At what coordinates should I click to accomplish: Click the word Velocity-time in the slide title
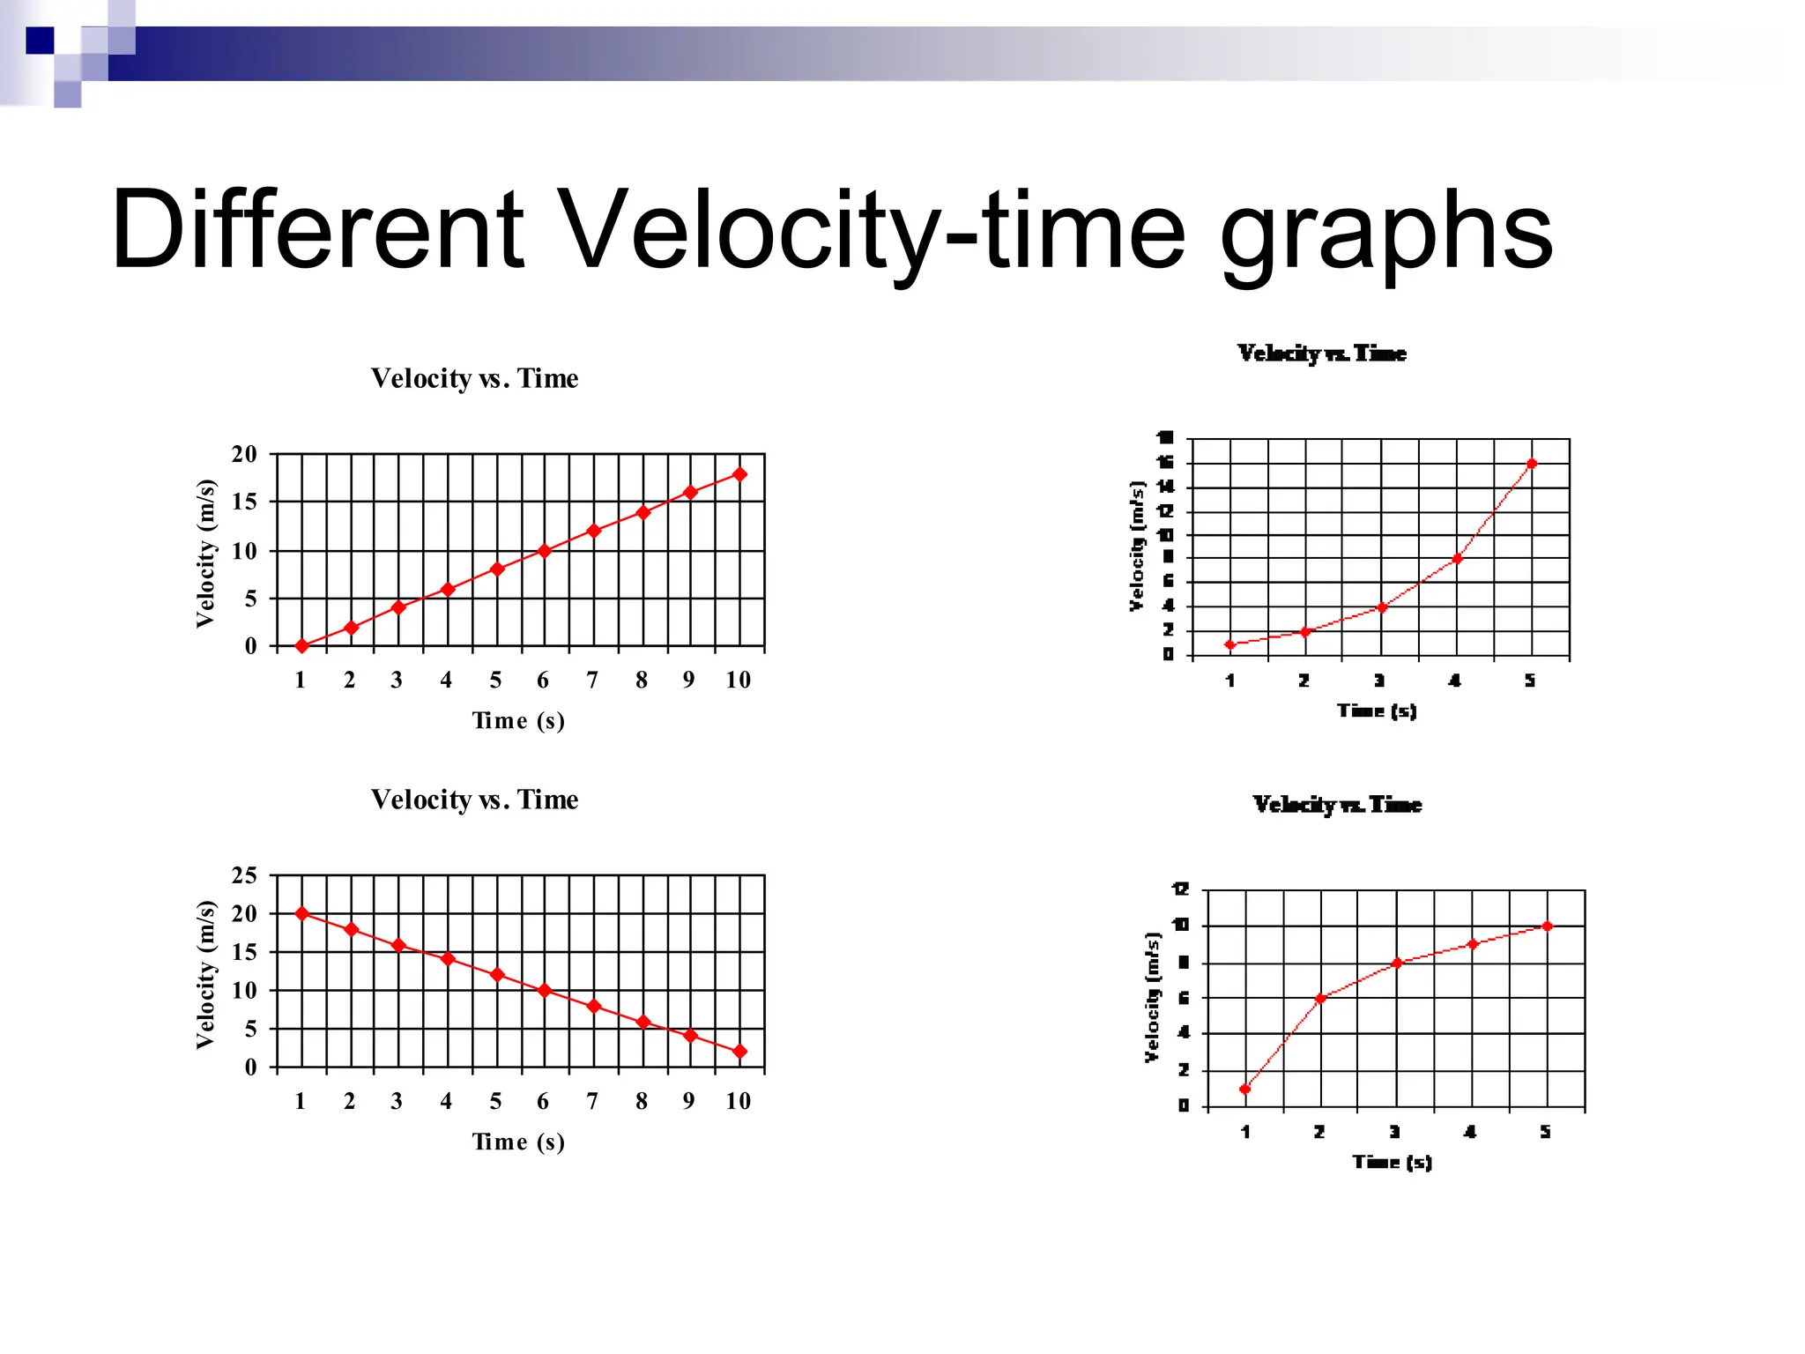873,231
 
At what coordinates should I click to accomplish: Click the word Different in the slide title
317,231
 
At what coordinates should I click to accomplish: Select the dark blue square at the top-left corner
40,41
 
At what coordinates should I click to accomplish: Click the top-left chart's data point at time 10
739,474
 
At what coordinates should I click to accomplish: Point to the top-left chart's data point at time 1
301,646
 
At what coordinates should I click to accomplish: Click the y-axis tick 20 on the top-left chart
244,455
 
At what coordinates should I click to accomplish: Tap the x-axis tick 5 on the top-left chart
495,680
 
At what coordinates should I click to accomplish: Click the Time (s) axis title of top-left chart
518,720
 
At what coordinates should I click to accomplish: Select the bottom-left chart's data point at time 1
301,913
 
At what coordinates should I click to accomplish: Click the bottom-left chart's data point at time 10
739,1052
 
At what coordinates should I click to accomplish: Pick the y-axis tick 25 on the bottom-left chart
244,875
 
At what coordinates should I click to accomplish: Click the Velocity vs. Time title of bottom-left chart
474,800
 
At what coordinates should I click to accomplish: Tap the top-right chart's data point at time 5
1532,464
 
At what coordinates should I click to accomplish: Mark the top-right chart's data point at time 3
1381,607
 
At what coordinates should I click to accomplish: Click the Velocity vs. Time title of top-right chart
1321,353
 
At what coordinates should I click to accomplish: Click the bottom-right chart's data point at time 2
1320,998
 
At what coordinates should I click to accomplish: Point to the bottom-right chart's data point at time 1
1244,1090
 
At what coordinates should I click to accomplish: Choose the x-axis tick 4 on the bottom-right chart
1470,1132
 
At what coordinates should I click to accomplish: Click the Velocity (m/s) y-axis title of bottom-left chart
205,975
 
